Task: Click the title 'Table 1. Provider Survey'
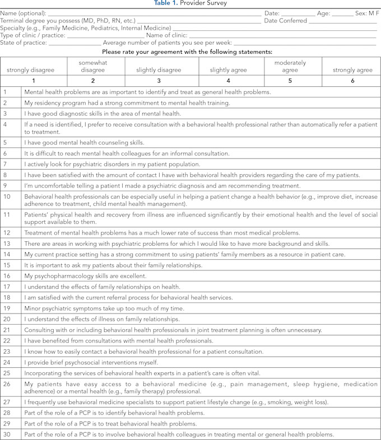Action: point(190,3)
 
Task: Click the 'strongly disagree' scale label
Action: point(31,70)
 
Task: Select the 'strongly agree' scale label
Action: point(352,70)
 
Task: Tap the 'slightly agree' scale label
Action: point(228,70)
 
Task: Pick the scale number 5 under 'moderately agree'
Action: point(290,81)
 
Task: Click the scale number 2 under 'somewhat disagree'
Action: point(93,81)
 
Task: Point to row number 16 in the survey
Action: point(7,276)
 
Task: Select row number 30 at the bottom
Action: point(7,434)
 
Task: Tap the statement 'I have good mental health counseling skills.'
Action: point(84,143)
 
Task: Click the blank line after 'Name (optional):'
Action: point(154,12)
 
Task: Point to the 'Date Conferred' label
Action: point(285,20)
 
